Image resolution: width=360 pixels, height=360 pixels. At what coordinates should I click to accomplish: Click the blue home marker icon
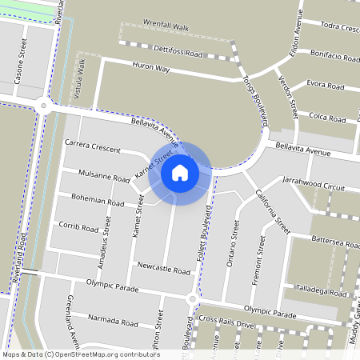click(x=180, y=172)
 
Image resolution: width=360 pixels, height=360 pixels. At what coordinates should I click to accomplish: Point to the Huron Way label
click(x=151, y=70)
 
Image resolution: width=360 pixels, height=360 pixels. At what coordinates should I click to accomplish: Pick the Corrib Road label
click(x=78, y=226)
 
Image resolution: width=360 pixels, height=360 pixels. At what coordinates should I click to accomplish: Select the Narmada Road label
click(x=112, y=322)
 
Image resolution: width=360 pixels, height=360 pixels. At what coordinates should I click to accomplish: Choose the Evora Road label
click(x=326, y=84)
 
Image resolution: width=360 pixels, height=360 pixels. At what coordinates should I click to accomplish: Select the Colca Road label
click(x=327, y=117)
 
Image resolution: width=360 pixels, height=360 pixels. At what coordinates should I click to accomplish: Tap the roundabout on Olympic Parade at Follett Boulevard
click(x=191, y=299)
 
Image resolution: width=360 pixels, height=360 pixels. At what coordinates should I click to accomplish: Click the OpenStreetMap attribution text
click(x=80, y=354)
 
